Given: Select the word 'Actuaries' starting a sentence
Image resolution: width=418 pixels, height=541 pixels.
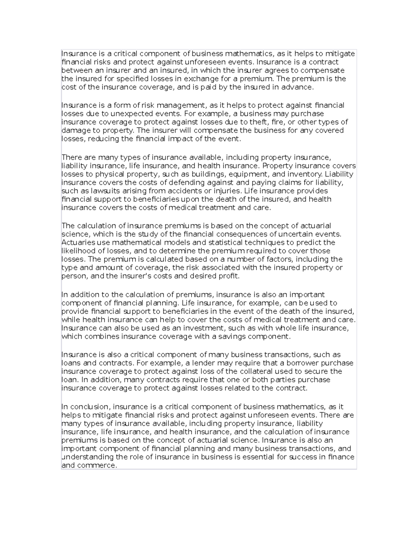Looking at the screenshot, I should [77, 242].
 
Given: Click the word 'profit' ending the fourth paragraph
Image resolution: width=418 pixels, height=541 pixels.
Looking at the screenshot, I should [229, 276].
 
